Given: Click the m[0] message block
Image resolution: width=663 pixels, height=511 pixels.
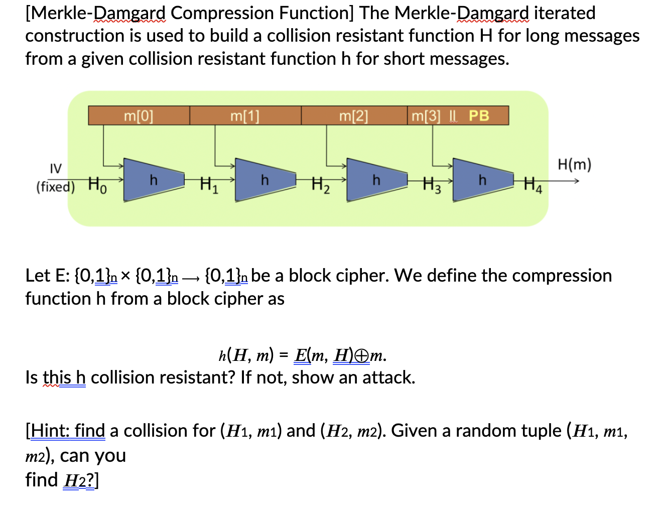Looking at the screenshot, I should coord(139,116).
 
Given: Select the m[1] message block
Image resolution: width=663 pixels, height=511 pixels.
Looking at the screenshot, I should coord(245,116).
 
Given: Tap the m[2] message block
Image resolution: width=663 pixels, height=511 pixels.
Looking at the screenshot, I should coord(354,116).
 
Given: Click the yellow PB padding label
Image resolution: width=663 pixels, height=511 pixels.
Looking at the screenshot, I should coord(479,116).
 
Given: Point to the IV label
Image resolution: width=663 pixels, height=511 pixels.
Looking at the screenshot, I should coord(56,168).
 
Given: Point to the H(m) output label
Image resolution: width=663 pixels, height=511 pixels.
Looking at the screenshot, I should coord(575,165).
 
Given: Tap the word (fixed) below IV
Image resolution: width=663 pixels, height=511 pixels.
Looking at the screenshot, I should coord(55,187).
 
